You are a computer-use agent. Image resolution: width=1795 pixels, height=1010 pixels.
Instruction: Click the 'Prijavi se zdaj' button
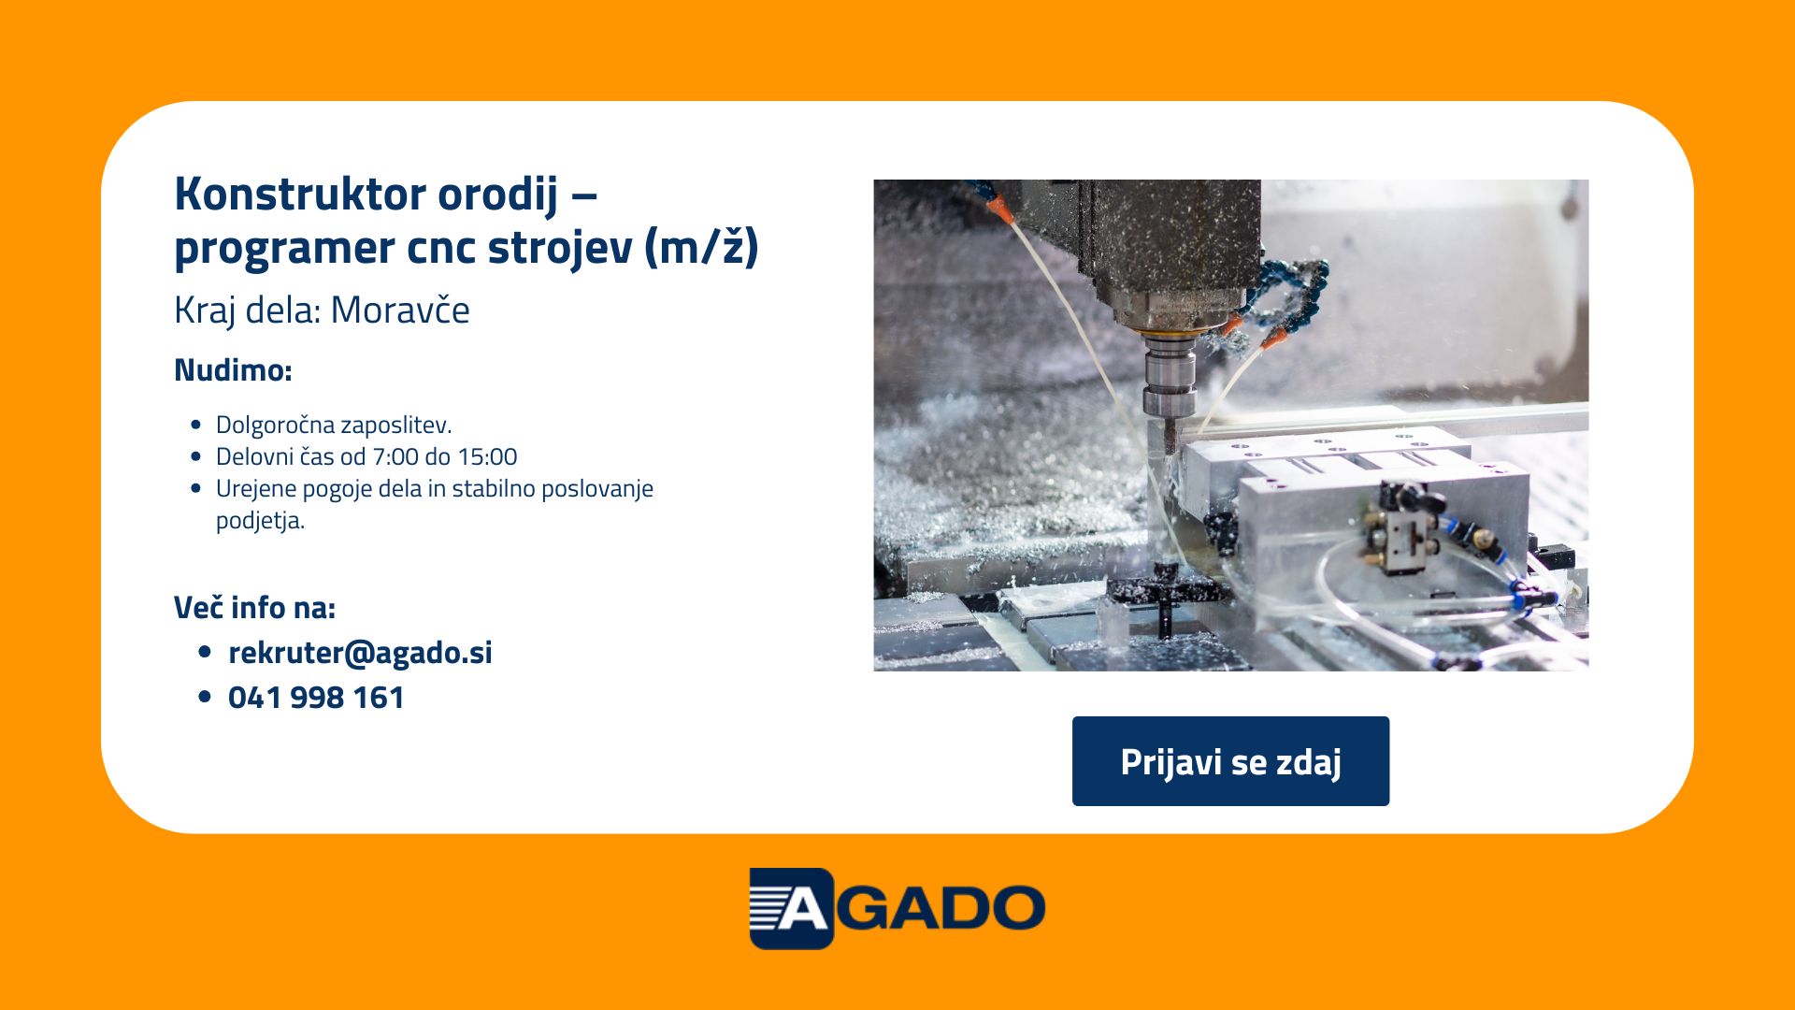pos(1230,761)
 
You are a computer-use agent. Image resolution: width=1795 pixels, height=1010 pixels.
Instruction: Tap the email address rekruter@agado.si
pos(360,652)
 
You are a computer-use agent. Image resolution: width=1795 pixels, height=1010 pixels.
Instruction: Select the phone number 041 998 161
pos(316,698)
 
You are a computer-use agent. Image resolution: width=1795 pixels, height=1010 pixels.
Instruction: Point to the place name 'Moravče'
pos(400,310)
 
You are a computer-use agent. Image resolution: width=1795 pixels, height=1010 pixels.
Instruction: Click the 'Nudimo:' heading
pos(233,370)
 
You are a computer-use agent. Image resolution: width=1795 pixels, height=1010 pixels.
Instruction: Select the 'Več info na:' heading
pos(254,608)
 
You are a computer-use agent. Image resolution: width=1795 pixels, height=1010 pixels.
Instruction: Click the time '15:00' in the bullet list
pos(487,456)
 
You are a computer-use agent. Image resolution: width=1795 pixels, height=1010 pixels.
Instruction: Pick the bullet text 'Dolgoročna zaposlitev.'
pos(334,425)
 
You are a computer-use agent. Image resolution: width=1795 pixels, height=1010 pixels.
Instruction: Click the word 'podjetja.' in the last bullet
pos(260,520)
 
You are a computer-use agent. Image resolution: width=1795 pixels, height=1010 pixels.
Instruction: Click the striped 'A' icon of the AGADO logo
pos(791,908)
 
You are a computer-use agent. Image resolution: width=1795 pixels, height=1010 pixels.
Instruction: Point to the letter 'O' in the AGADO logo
pos(1012,908)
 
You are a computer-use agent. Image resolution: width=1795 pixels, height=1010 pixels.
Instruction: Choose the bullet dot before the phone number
pos(206,698)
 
